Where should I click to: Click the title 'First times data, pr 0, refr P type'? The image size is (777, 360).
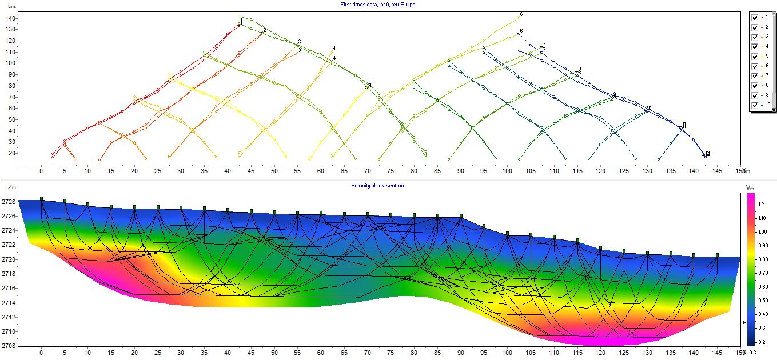380,4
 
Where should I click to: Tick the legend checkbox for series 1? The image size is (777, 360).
755,17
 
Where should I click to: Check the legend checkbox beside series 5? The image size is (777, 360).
755,56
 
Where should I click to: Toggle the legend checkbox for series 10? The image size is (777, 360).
755,105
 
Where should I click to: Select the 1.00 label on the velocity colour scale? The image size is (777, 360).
762,232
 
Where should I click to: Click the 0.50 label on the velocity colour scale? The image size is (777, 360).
762,301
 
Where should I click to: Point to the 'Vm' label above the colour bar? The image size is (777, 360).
751,187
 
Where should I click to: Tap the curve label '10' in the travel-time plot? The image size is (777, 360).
648,108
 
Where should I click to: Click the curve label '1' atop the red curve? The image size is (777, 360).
241,21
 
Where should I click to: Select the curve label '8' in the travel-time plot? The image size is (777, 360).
579,69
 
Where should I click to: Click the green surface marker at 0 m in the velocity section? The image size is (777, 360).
41,198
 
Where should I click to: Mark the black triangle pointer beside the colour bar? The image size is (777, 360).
744,323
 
